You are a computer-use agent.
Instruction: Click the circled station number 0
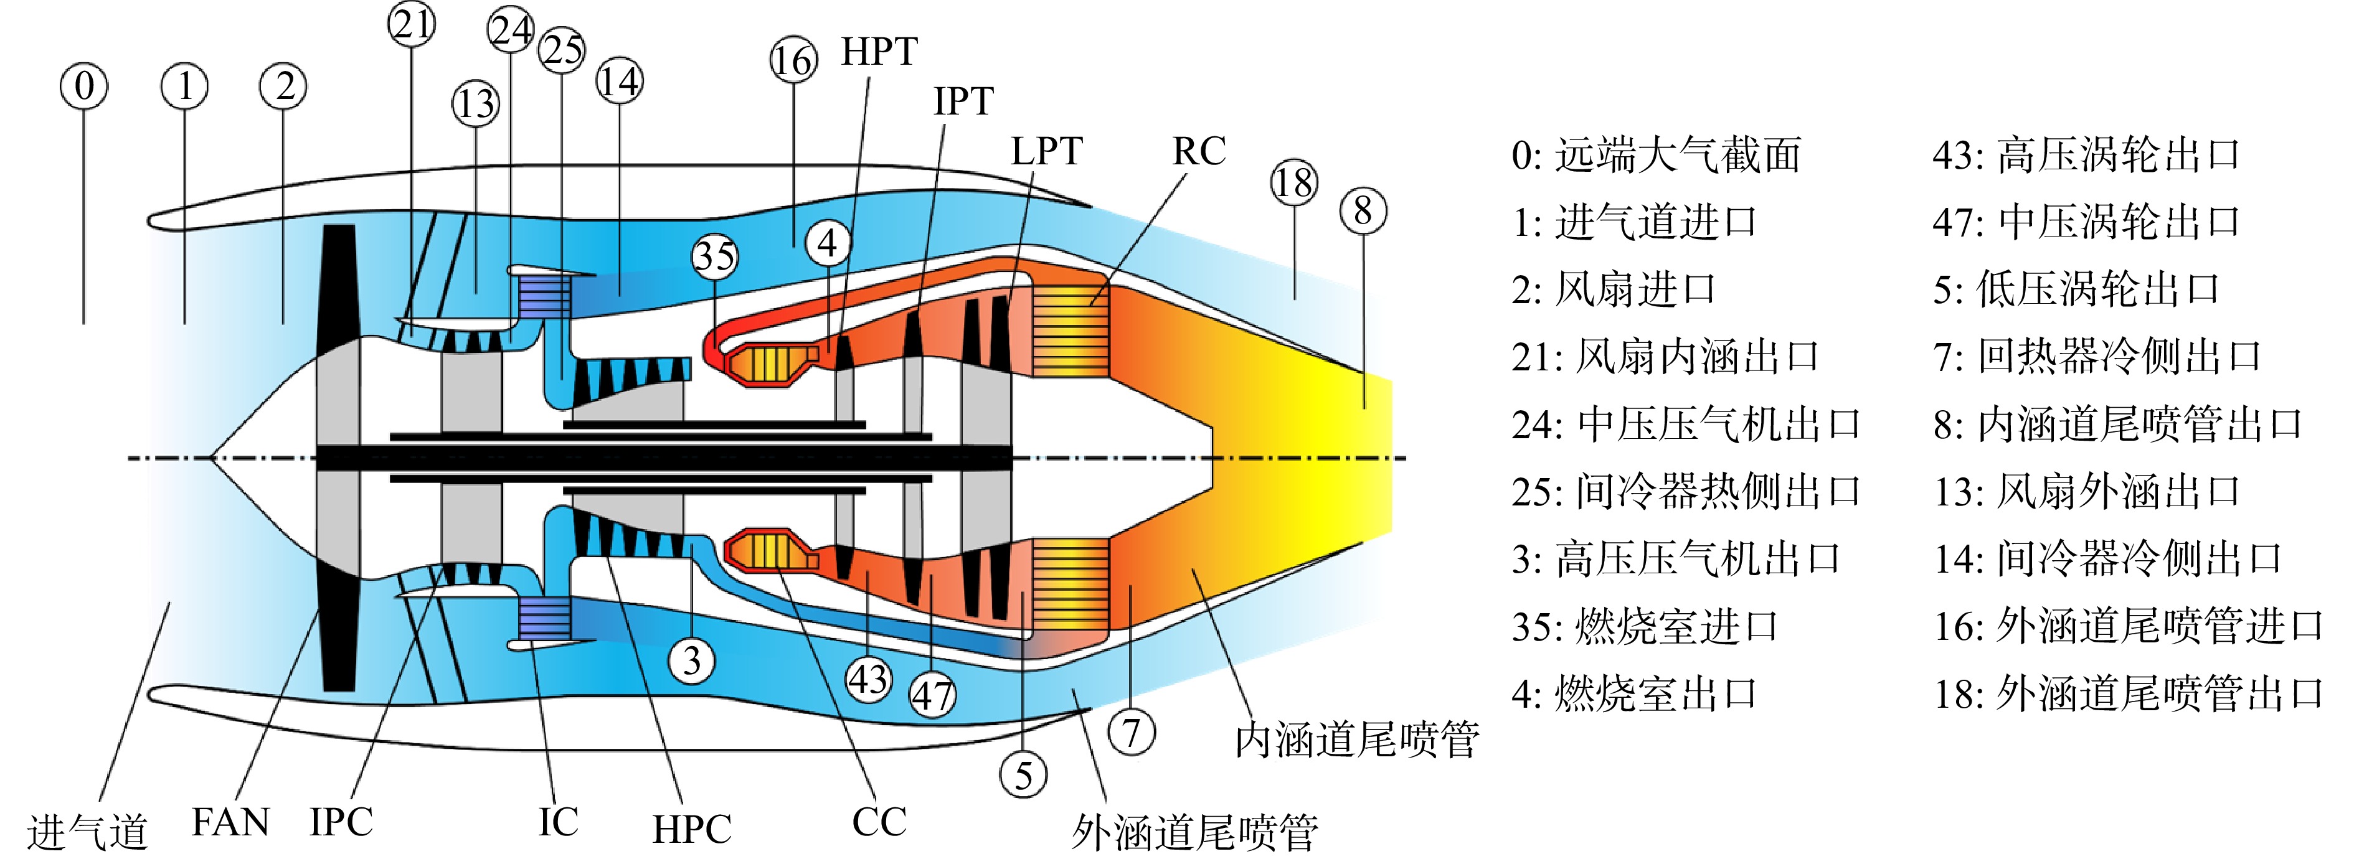pos(84,87)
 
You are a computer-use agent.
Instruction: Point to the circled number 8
pos(1363,210)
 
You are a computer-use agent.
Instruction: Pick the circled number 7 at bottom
pos(1132,733)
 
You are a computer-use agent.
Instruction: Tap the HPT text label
pos(879,52)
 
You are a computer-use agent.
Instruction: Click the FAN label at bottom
pos(230,822)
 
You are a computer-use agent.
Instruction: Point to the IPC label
pos(341,822)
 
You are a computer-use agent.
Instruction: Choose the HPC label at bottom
pos(692,830)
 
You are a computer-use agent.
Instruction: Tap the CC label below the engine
pos(879,822)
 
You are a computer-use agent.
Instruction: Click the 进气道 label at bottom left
pos(88,832)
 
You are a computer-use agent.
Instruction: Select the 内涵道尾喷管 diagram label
pos(1357,739)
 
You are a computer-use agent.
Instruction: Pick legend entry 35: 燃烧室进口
pos(1645,627)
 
